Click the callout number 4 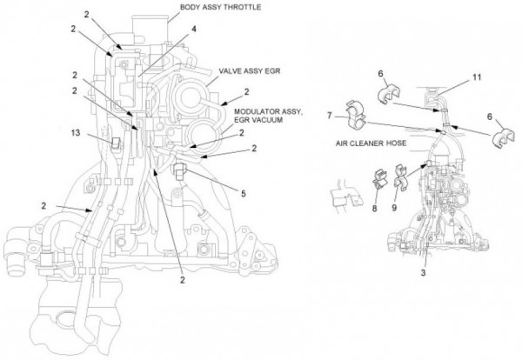(194, 29)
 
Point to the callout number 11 (476, 78)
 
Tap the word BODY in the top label (191, 7)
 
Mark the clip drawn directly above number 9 (398, 183)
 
